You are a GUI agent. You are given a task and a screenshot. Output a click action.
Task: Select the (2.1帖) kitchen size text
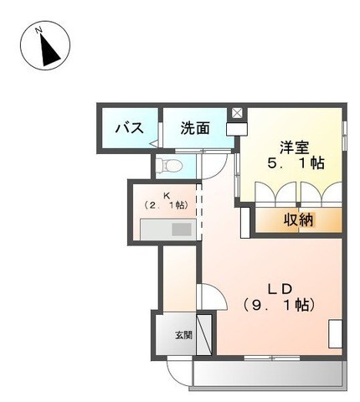pyautogui.click(x=165, y=204)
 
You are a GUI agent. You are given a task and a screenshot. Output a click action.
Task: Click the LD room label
pyautogui.click(x=279, y=288)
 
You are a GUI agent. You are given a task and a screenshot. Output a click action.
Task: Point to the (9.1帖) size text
pyautogui.click(x=279, y=306)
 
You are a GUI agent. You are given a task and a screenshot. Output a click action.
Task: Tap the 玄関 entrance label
pyautogui.click(x=183, y=334)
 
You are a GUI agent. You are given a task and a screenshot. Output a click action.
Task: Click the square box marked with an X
pyautogui.click(x=237, y=113)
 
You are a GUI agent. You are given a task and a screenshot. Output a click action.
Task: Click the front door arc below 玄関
pyautogui.click(x=177, y=368)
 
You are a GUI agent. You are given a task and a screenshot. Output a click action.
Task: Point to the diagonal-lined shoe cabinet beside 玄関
pyautogui.click(x=203, y=334)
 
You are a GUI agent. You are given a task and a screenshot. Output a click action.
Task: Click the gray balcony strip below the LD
pyautogui.click(x=267, y=374)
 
